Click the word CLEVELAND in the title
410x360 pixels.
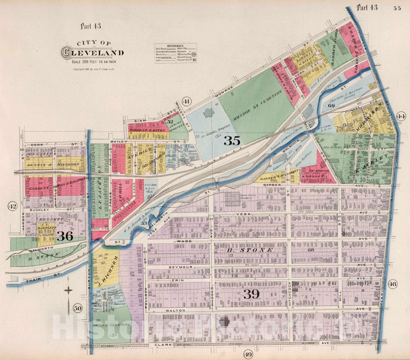[x=92, y=53]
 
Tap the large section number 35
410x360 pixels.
[x=233, y=140]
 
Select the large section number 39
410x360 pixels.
[x=251, y=294]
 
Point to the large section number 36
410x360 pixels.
[x=65, y=236]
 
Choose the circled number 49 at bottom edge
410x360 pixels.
[x=248, y=355]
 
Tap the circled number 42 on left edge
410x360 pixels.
[x=13, y=206]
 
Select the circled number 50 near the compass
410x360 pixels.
[x=78, y=308]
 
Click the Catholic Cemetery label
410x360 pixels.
[x=112, y=325]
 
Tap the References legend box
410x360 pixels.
[x=175, y=53]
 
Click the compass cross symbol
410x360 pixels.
[x=68, y=290]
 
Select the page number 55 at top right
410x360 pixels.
[x=397, y=9]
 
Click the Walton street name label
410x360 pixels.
[x=178, y=310]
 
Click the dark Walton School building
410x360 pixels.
[x=224, y=322]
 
